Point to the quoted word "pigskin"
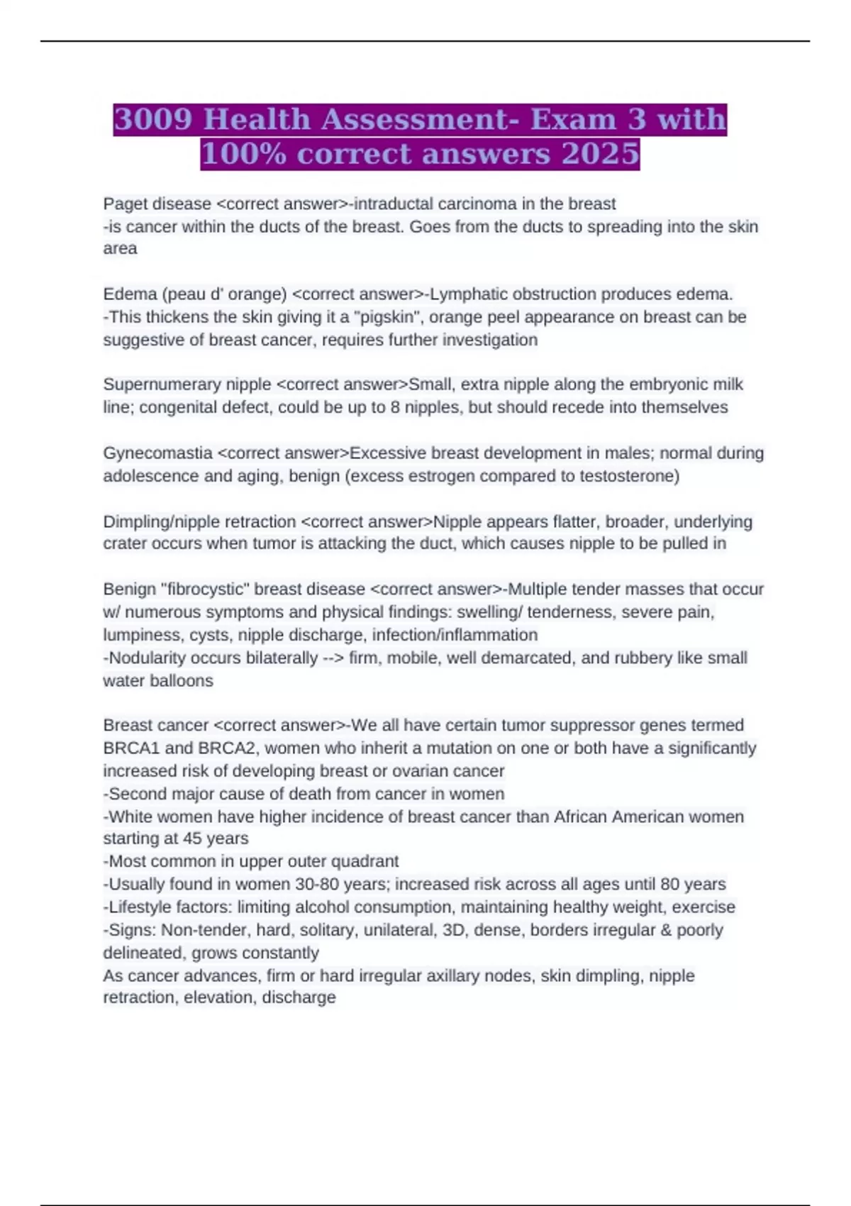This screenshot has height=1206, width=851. [386, 317]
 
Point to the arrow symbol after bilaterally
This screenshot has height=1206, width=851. [333, 658]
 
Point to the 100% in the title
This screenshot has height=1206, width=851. [243, 154]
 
